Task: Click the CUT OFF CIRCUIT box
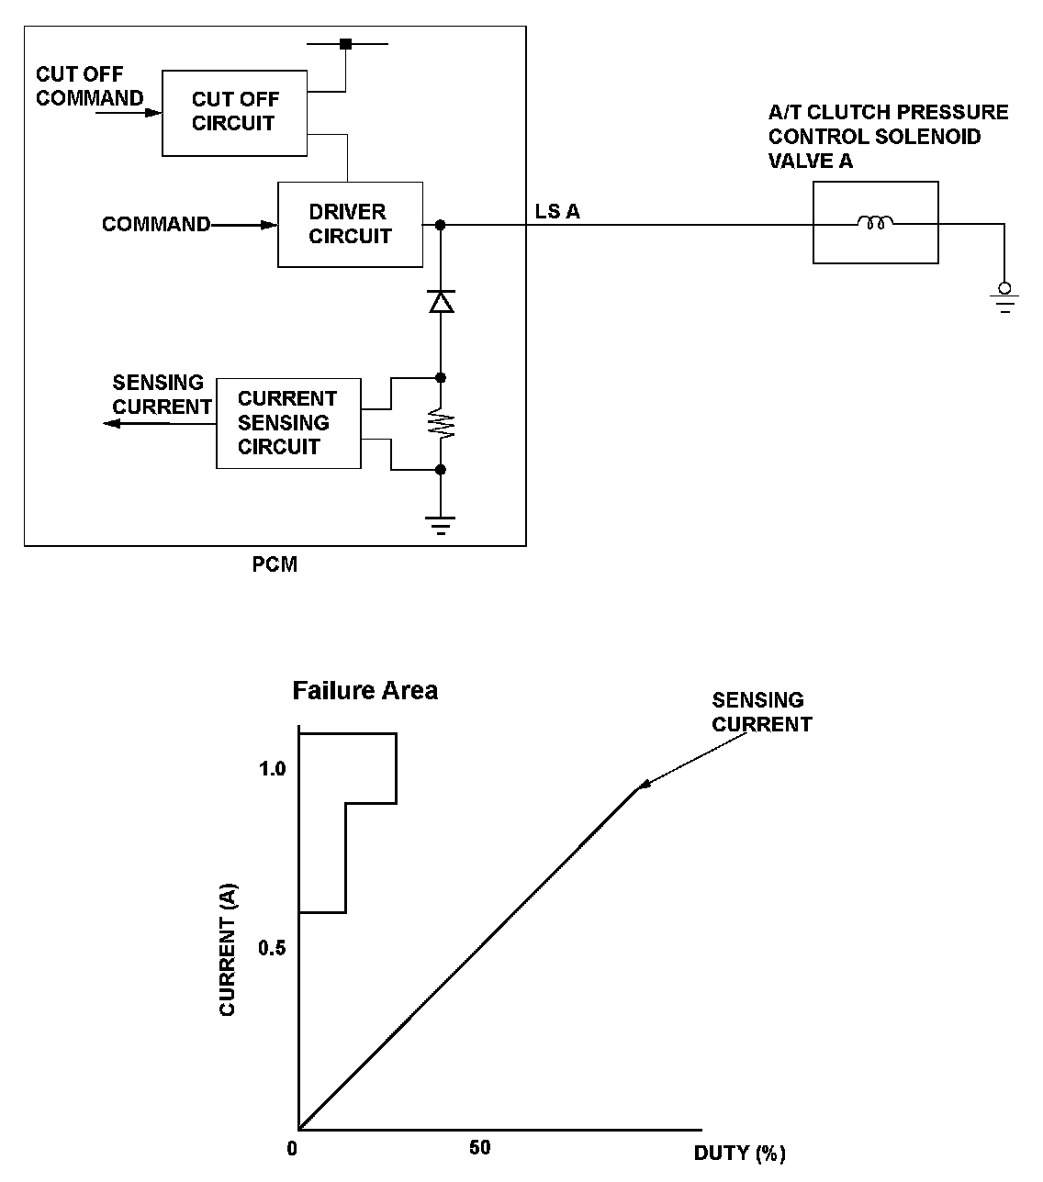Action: point(234,112)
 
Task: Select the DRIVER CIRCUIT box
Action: point(350,225)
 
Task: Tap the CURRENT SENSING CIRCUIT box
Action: point(287,423)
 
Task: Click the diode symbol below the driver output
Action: point(442,301)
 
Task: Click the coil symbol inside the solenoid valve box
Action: point(875,222)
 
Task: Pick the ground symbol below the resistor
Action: point(441,525)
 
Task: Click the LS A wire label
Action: point(557,212)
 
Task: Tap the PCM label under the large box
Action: point(275,565)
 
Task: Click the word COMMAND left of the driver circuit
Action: point(155,225)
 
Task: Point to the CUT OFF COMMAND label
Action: point(89,86)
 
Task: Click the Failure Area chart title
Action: point(364,690)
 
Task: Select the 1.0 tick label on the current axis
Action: point(272,768)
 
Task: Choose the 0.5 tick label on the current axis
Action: point(272,948)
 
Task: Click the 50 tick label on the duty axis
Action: point(480,1148)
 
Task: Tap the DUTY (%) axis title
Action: point(739,1153)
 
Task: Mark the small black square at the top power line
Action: point(345,43)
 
